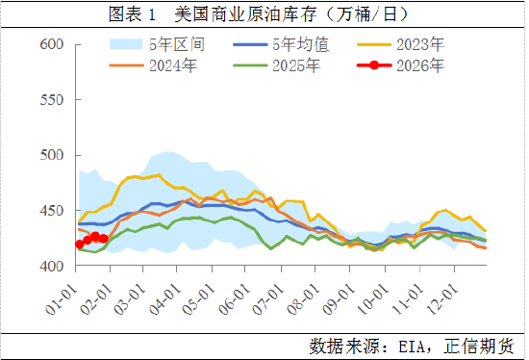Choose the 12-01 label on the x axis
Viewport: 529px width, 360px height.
pyautogui.click(x=443, y=293)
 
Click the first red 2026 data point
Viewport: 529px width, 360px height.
pyautogui.click(x=80, y=244)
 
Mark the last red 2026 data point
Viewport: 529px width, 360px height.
pyautogui.click(x=103, y=238)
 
